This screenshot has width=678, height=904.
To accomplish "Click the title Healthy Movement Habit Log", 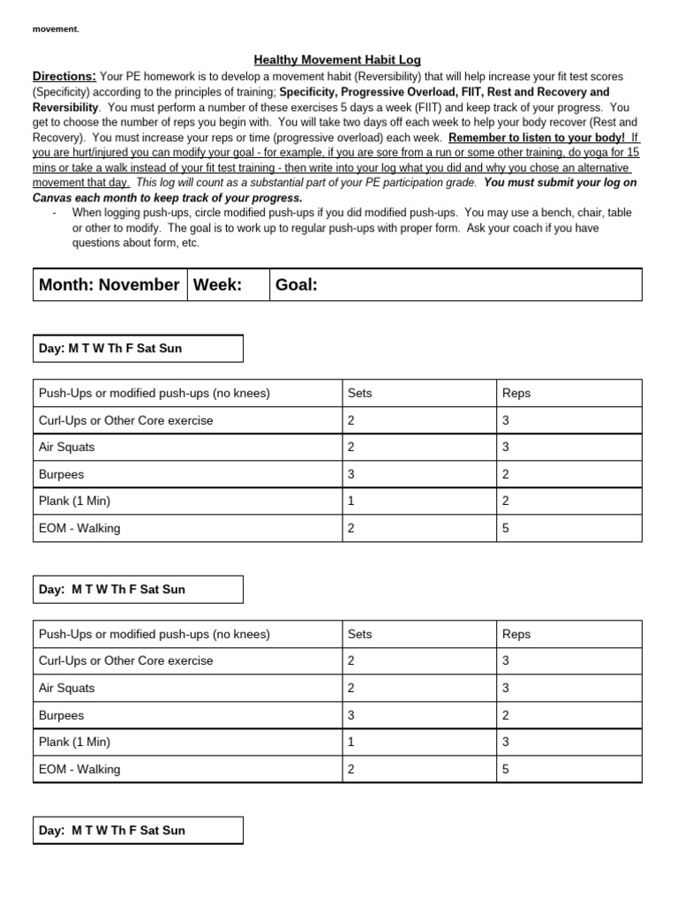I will tap(337, 60).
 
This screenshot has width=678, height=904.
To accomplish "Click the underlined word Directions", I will tap(64, 76).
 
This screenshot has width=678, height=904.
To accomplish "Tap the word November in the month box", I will tap(139, 284).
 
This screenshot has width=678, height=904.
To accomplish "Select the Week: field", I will tap(217, 284).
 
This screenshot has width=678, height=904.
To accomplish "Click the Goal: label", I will tap(296, 284).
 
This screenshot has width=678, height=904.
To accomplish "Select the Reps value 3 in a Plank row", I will tap(506, 742).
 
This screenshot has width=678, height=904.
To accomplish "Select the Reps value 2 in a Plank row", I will tap(506, 501).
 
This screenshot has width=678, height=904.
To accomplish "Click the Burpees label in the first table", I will tap(61, 474).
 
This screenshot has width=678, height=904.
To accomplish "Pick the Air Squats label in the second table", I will tap(66, 688).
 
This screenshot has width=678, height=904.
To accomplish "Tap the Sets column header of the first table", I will tap(360, 393).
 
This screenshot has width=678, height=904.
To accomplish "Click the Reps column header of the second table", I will tap(516, 634).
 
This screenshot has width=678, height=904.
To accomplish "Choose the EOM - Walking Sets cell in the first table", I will tap(351, 529).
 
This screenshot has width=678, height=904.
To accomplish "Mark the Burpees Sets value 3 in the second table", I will tap(351, 715).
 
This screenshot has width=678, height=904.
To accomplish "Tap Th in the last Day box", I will tap(118, 831).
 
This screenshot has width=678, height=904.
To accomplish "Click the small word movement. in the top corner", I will tap(56, 29).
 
